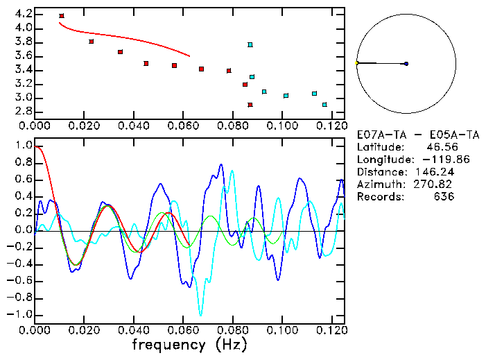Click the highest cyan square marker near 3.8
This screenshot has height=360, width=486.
(x=250, y=45)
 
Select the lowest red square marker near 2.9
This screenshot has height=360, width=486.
(x=250, y=105)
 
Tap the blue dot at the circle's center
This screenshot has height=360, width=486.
(x=406, y=64)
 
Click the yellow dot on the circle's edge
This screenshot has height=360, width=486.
(x=356, y=63)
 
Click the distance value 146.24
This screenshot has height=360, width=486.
(x=434, y=172)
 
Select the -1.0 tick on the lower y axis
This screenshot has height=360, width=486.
(x=20, y=314)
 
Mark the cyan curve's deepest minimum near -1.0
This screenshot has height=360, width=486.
(x=201, y=314)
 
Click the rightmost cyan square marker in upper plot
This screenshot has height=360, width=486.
(x=324, y=105)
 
